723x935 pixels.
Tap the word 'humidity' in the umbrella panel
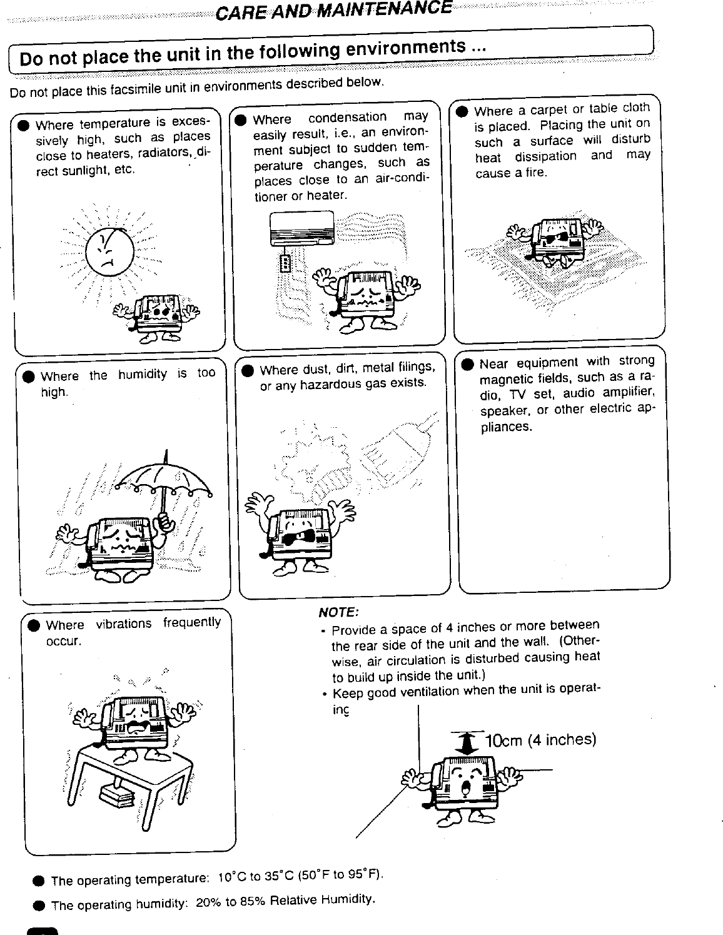click(x=143, y=374)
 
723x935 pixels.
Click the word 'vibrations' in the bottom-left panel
click(x=124, y=624)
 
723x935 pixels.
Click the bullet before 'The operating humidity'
click(x=39, y=906)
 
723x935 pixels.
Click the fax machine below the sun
click(x=156, y=313)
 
